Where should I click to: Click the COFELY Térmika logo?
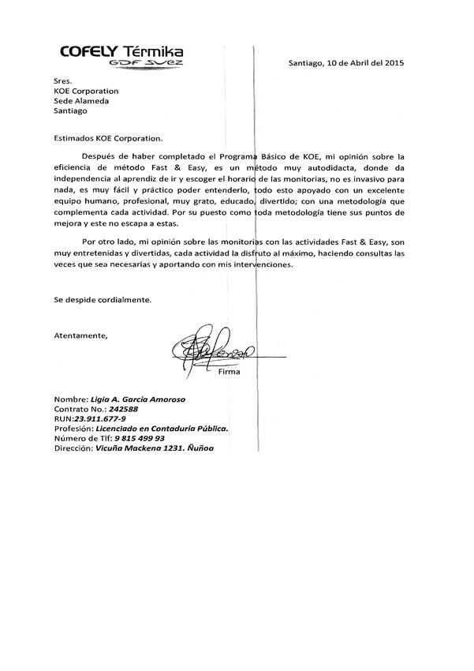click(x=123, y=51)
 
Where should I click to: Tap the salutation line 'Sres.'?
click(x=63, y=80)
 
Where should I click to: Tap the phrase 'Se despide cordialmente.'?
click(x=102, y=300)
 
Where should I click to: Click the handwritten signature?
click(x=214, y=352)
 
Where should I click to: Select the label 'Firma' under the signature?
click(x=230, y=371)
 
